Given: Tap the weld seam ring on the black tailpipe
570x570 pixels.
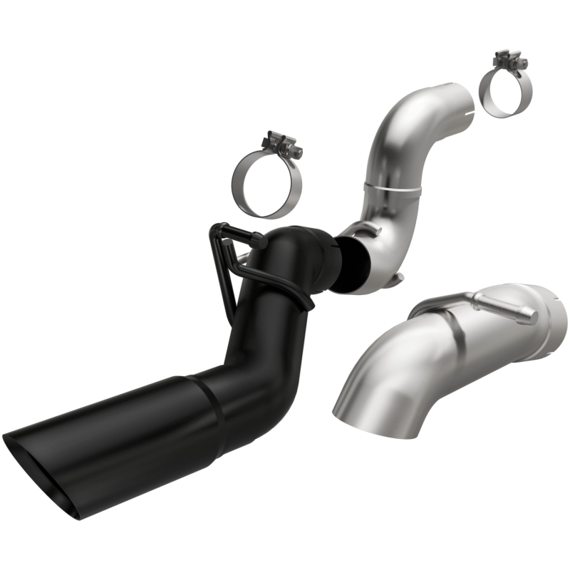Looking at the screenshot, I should coord(212,413).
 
